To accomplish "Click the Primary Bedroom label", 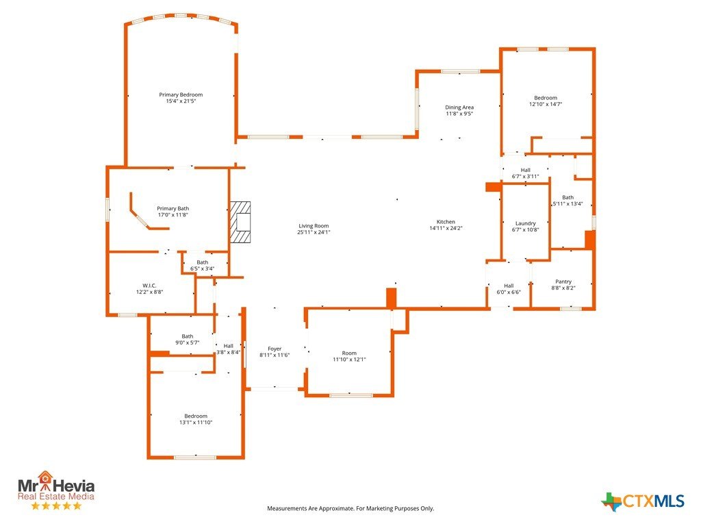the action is (181, 95).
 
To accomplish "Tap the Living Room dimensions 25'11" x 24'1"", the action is (314, 232).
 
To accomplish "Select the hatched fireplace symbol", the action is (240, 223).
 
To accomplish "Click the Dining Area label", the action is (459, 108).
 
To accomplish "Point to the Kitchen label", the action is (446, 222).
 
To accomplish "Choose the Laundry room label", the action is (525, 223).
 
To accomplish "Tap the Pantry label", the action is (563, 281).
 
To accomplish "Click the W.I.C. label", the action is (149, 286).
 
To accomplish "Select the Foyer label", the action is (275, 349).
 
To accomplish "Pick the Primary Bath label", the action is (173, 208).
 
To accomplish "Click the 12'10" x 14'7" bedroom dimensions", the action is (546, 104).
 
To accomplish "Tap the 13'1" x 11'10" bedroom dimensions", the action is (196, 422).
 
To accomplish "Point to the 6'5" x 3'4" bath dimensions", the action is (203, 268).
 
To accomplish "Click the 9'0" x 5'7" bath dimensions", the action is (188, 342).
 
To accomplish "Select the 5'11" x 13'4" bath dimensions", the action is (568, 204).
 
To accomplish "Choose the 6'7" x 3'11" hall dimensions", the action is (525, 176).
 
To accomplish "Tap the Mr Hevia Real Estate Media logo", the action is (56, 490).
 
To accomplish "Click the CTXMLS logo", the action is (643, 501).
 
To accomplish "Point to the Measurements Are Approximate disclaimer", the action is (350, 509).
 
